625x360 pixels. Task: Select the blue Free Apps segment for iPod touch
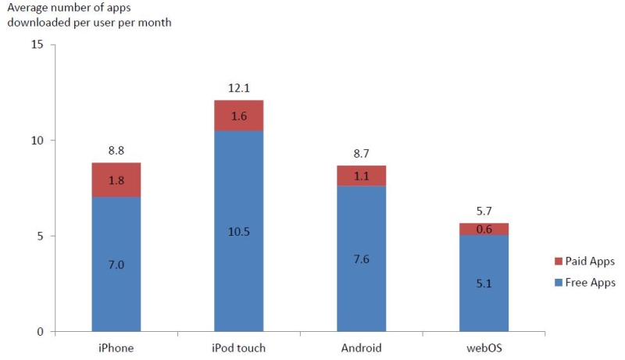click(238, 258)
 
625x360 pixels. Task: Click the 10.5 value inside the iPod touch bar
click(238, 231)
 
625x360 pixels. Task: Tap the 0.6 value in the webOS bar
click(484, 229)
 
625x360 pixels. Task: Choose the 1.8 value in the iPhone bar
click(116, 180)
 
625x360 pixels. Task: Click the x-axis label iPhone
click(116, 348)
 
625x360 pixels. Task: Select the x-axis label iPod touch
click(238, 348)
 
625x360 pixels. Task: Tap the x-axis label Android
click(361, 348)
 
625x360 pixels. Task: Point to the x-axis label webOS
click(484, 348)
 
